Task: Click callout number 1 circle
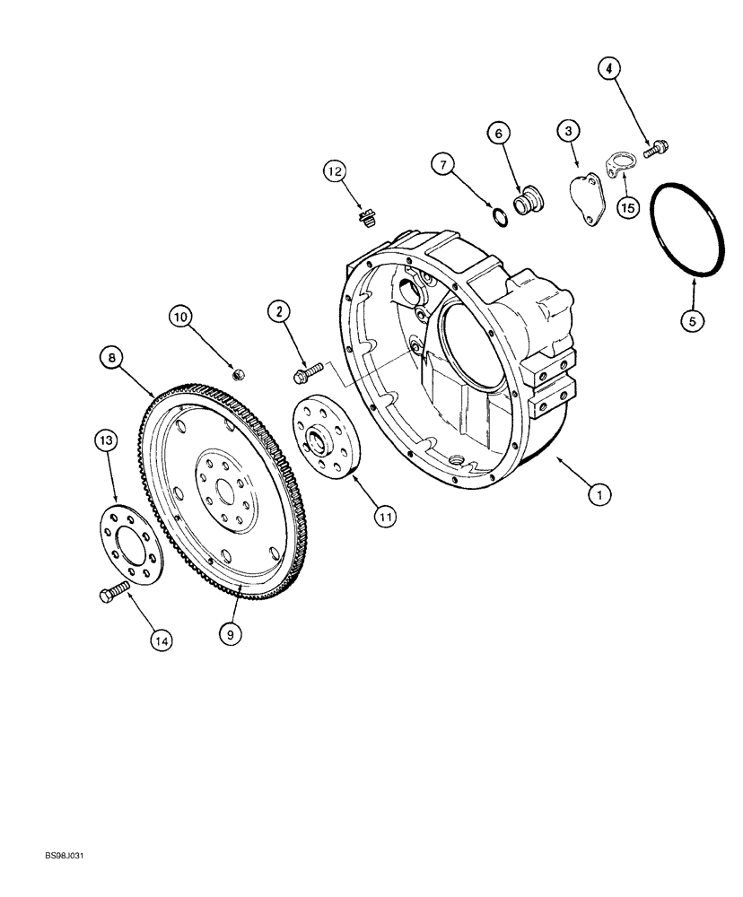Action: [599, 492]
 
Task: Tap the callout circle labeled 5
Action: [693, 318]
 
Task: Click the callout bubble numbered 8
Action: [112, 358]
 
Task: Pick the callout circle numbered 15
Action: [626, 207]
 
